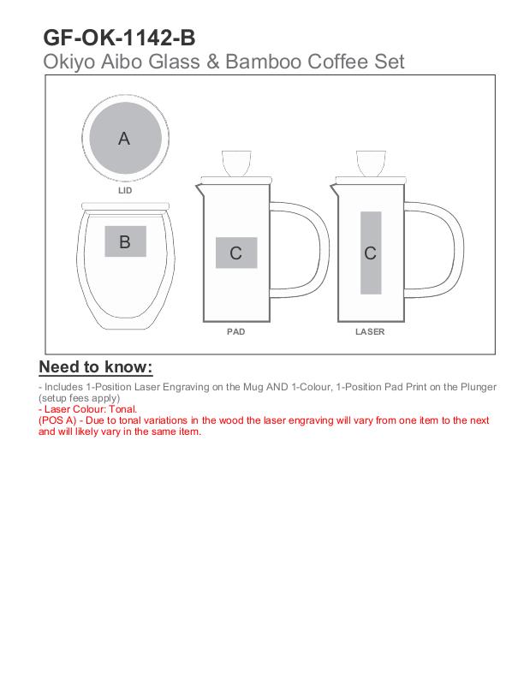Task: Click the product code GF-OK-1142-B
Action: [x=119, y=38]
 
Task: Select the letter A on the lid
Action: [x=124, y=139]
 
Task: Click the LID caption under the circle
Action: [x=125, y=190]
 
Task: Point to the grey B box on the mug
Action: [x=125, y=241]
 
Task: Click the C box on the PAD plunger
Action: [x=236, y=253]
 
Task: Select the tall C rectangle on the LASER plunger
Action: [x=371, y=253]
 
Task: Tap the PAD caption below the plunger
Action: [x=236, y=331]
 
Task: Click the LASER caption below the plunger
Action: [x=370, y=331]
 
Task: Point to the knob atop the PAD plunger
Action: [x=236, y=163]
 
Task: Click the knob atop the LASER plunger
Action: [x=371, y=163]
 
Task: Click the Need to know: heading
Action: [x=96, y=366]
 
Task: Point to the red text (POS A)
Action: [x=57, y=420]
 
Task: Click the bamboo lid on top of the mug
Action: [x=125, y=206]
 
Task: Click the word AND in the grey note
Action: [x=277, y=387]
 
